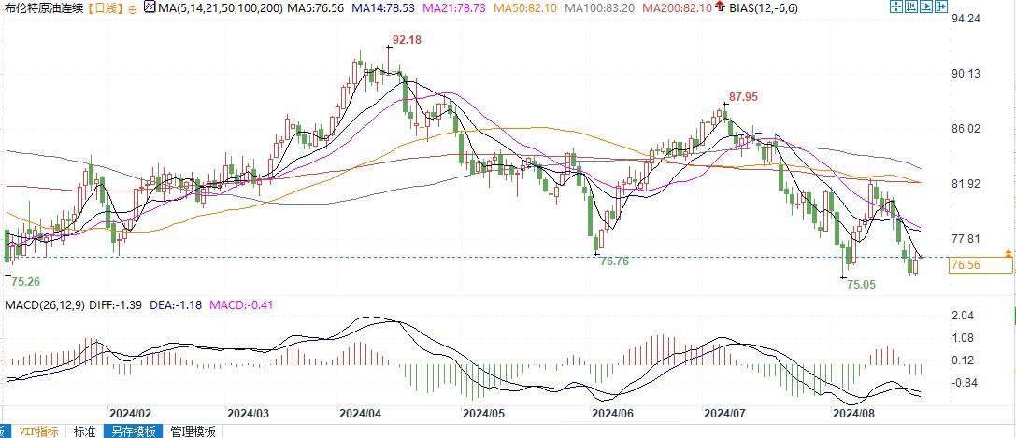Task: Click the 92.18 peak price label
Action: [x=406, y=40]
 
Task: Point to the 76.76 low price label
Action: [x=613, y=261]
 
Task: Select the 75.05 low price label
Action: [x=860, y=284]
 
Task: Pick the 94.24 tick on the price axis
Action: [x=964, y=19]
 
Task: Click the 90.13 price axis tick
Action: [x=964, y=74]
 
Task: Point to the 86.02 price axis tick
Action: [x=964, y=129]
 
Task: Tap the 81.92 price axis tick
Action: [x=964, y=184]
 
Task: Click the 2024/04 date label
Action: [x=360, y=412]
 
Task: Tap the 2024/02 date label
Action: [x=130, y=412]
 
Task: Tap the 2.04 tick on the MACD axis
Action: [x=962, y=316]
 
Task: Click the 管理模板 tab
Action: [x=193, y=431]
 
